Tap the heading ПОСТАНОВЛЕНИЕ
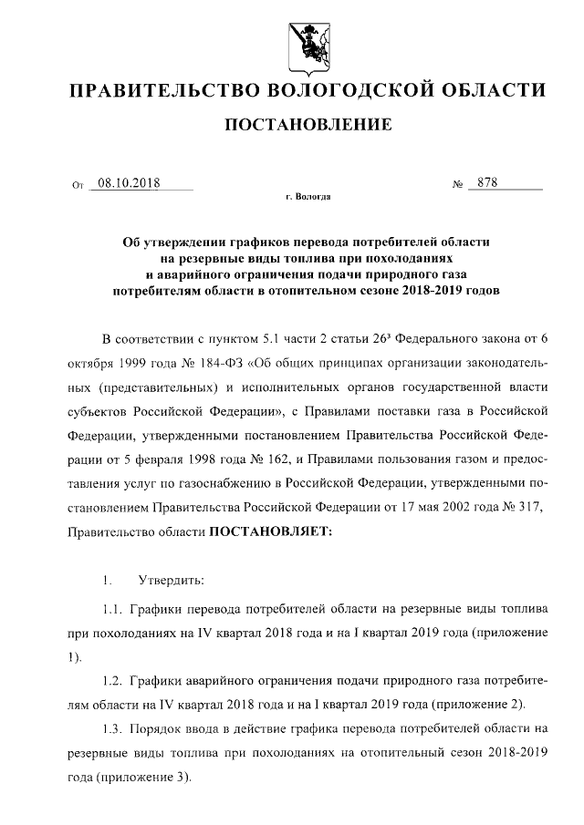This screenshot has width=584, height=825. click(308, 124)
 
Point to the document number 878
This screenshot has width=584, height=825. click(487, 182)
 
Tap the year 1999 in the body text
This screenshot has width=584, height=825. click(133, 360)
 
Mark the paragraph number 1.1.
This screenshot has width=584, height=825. click(113, 608)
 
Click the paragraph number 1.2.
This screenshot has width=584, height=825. click(113, 680)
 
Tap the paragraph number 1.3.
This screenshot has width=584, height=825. click(113, 728)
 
